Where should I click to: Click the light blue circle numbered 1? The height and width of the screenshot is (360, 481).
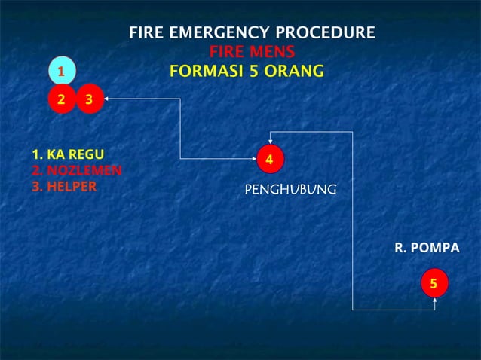62,71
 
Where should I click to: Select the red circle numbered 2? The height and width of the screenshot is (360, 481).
62,99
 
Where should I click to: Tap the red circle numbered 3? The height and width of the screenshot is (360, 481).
89,99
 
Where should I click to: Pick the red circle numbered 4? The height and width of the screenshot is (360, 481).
269,159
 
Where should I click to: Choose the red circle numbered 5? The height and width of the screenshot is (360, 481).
434,283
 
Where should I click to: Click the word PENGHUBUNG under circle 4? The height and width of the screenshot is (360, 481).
290,189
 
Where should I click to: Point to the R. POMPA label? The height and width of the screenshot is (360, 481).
427,247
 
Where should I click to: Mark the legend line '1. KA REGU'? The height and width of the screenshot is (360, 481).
67,155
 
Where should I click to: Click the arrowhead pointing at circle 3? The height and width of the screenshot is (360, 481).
106,98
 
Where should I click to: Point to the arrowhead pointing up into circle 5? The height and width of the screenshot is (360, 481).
435,301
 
